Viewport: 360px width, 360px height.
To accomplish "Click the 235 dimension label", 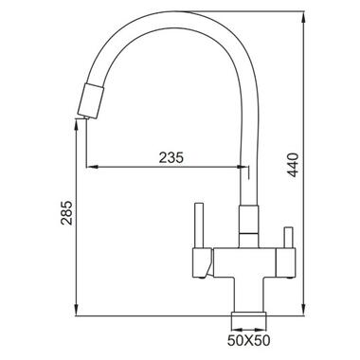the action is pos(171,157).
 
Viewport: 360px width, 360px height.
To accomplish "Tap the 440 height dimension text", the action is pos(294,165).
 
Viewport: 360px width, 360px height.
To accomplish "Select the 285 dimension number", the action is pos(66,212).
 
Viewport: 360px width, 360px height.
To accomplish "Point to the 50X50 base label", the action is pos(249,340).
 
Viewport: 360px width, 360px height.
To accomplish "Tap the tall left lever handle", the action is pos(198,225).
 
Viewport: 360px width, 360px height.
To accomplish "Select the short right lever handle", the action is pos(288,238).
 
